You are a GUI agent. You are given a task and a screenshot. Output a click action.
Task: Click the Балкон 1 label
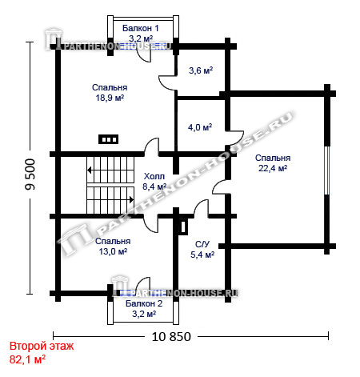point(141,28)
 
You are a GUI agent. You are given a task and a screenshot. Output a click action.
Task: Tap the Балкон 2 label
point(144,303)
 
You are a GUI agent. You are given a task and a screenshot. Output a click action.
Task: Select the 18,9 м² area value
point(110,98)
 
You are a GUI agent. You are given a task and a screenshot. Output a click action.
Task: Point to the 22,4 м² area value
point(273,168)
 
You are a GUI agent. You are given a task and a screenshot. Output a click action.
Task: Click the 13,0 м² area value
point(113,251)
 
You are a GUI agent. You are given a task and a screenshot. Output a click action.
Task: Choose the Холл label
point(154,176)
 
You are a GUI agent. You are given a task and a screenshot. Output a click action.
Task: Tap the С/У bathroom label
point(202,244)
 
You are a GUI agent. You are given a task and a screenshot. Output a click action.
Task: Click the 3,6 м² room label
point(201,70)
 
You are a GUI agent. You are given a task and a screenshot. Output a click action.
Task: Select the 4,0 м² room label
point(200,127)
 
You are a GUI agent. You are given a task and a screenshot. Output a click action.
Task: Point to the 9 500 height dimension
point(30,174)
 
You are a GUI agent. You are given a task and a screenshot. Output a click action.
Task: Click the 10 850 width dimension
point(171,337)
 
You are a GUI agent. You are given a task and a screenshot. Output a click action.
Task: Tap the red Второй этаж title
point(42,346)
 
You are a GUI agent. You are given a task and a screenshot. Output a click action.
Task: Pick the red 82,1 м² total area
point(27,359)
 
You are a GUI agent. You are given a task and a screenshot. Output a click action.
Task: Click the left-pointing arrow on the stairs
point(90,170)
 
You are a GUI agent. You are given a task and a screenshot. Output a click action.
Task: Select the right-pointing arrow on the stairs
point(131,199)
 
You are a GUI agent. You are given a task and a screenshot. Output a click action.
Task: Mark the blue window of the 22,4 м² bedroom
point(327,170)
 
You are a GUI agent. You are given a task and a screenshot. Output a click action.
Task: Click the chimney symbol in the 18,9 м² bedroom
point(109,139)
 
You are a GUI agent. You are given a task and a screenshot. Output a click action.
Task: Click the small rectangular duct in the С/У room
point(183,227)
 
